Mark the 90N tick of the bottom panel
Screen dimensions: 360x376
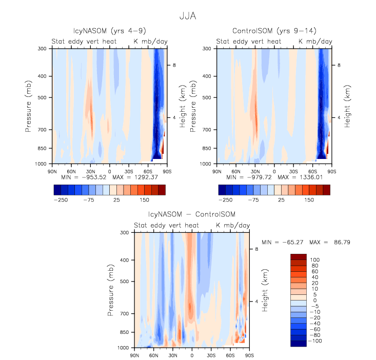click(134, 355)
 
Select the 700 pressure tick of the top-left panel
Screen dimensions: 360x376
click(42, 130)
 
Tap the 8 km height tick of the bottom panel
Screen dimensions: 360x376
click(257, 249)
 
